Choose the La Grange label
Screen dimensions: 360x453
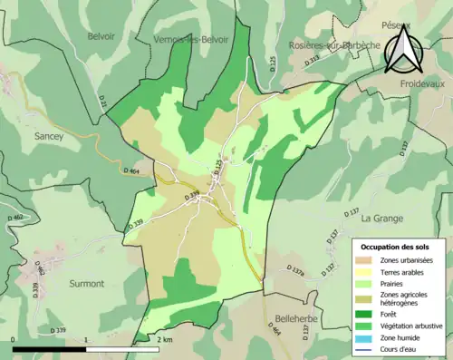coord(381,219)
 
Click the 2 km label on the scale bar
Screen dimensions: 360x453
coord(164,339)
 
